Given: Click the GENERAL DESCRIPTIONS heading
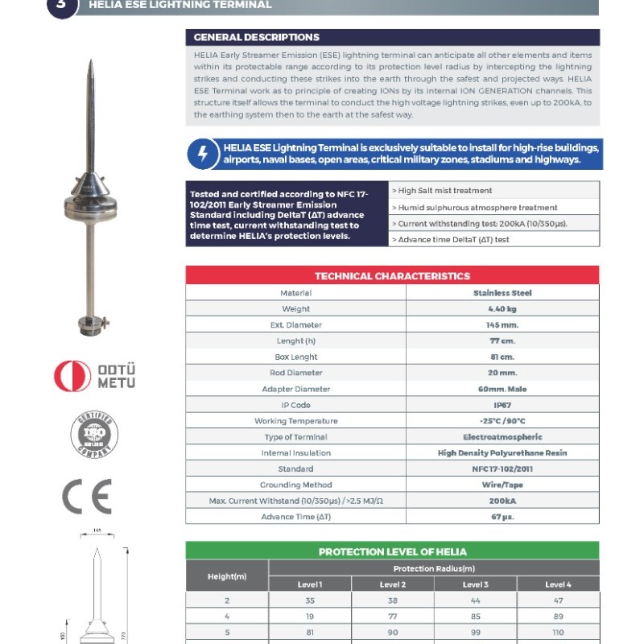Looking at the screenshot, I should (257, 37).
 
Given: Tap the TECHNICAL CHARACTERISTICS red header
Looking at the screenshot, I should (392, 276).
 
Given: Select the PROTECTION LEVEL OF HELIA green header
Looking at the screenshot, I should (392, 551).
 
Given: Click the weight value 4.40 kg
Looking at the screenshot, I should (502, 309).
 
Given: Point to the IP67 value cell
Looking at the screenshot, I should (502, 405).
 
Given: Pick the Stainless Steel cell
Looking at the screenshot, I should (502, 293).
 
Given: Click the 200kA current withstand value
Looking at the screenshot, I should (502, 501).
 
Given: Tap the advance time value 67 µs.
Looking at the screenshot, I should (502, 517).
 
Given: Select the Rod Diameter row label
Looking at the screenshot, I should (295, 373).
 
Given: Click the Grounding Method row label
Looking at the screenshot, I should (295, 485).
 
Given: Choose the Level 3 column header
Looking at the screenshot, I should (475, 584).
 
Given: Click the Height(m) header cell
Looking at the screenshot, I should (227, 576).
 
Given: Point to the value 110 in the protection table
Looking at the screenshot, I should (558, 632).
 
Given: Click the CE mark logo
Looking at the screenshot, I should (87, 497).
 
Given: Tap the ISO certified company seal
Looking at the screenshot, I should (93, 435).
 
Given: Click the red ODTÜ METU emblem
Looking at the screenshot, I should (73, 376).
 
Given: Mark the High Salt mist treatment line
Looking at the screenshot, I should (444, 191).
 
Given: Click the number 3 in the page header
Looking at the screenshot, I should (64, 5).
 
